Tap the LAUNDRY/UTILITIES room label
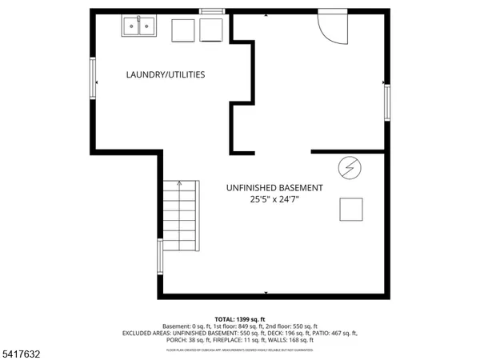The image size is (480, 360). click(x=166, y=74)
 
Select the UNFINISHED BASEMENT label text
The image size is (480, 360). click(x=274, y=188)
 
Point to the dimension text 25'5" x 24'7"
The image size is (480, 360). click(x=274, y=200)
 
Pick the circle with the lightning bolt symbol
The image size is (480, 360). click(x=350, y=168)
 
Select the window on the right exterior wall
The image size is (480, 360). click(x=388, y=101)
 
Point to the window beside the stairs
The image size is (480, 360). click(x=161, y=258)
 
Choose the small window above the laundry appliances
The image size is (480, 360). click(x=211, y=10)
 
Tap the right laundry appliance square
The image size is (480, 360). click(x=212, y=30)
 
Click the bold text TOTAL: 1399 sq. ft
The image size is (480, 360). click(x=240, y=318)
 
